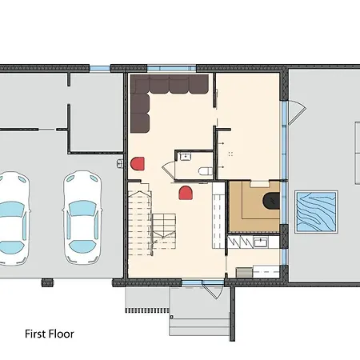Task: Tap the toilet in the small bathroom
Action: [x=206, y=171]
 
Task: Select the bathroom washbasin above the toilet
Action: [x=184, y=156]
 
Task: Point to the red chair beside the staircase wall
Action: [x=138, y=163]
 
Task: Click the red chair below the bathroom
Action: [x=186, y=193]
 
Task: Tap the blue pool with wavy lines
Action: [x=317, y=212]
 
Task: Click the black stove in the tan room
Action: [x=271, y=201]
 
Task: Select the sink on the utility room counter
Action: [x=260, y=242]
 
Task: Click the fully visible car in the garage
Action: [x=82, y=218]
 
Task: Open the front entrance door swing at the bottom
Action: [x=214, y=290]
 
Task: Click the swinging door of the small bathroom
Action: [x=168, y=171]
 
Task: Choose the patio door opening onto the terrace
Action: [x=297, y=113]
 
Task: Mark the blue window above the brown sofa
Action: [x=172, y=68]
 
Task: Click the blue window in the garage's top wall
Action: [x=100, y=68]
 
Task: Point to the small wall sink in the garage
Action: [x=120, y=163]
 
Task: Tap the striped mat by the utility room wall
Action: [x=244, y=273]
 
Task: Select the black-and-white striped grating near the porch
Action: [x=147, y=310]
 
